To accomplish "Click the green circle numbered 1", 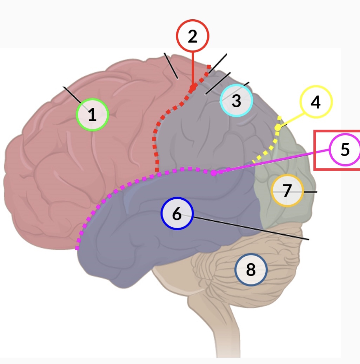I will (92, 115).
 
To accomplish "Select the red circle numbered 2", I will (192, 36).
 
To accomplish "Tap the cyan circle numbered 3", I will (236, 101).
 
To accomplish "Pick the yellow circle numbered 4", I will (316, 102).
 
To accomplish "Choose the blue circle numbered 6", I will (177, 214).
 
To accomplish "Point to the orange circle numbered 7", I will (287, 191).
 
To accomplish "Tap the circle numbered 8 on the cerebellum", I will (251, 270).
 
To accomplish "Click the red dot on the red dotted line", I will (192, 88).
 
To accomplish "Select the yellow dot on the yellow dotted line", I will (278, 128).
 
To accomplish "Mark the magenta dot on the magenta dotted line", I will (214, 173).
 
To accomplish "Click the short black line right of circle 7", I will (310, 192).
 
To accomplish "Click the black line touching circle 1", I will (72, 94).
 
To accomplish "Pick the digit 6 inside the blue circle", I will (177, 214).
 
